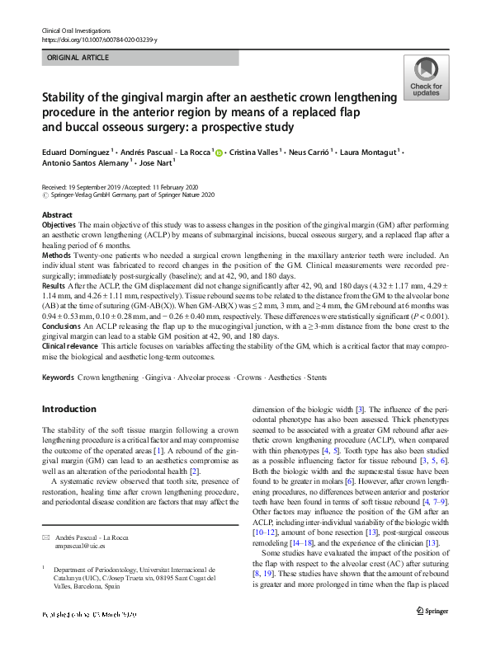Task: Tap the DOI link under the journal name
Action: tap(98, 39)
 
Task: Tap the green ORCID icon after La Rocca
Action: tap(219, 152)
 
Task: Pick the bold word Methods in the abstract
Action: tap(55, 256)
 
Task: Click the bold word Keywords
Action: tap(57, 378)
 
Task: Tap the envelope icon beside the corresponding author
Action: tap(46, 514)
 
